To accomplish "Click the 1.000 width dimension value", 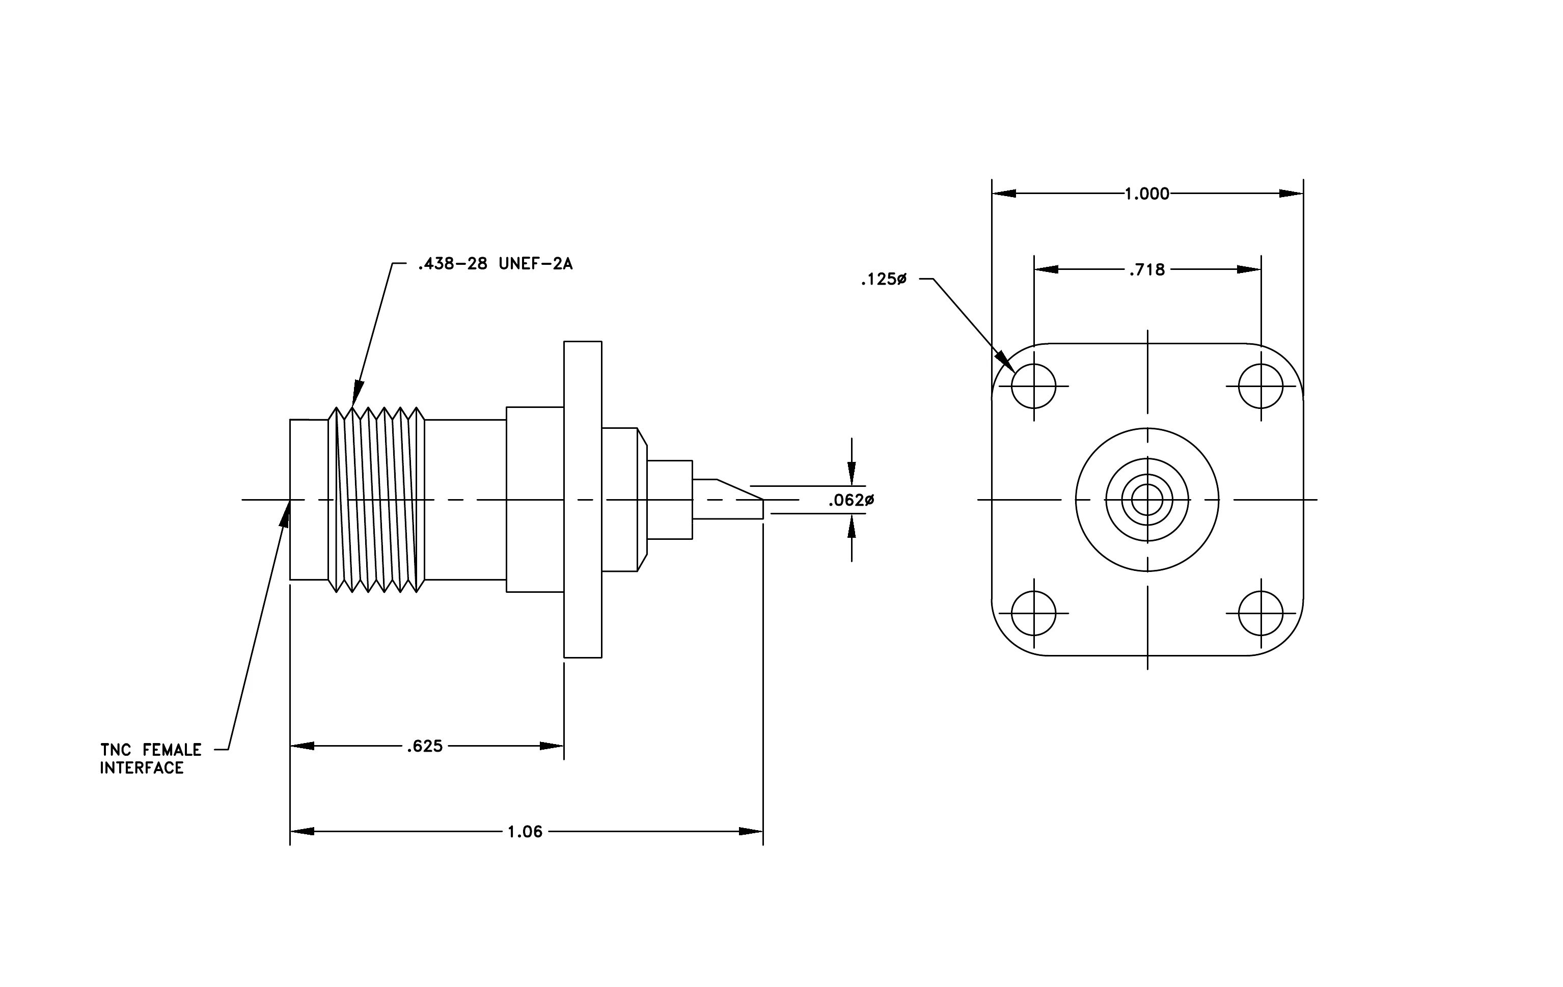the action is click(x=1146, y=194).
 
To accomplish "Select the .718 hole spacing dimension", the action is click(x=1147, y=270).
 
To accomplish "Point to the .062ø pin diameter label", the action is click(x=851, y=500).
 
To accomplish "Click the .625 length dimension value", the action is click(x=425, y=746).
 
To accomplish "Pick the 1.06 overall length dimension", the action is click(x=525, y=832).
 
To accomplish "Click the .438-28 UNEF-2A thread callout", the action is click(x=495, y=264).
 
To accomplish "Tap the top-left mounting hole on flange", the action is click(x=1033, y=386).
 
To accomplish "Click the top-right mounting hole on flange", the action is click(x=1260, y=386).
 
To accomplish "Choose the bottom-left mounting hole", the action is click(x=1033, y=613).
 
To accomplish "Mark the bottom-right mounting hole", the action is click(x=1260, y=613).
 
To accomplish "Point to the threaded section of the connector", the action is click(x=376, y=500).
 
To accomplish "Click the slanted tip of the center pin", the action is click(x=739, y=490).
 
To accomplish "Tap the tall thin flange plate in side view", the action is click(x=582, y=500).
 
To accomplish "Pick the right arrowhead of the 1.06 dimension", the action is click(x=751, y=831).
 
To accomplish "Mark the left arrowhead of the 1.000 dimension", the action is click(x=1004, y=194).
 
